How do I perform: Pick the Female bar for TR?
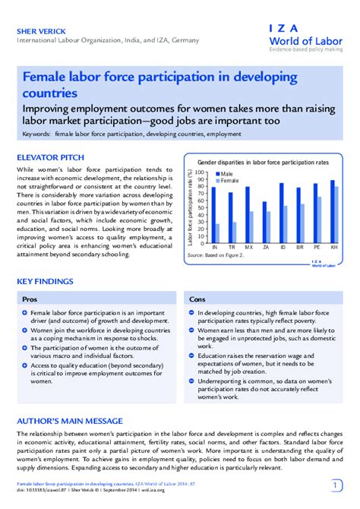[235, 232]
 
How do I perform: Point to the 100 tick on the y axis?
[201, 172]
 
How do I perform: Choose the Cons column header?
[197, 299]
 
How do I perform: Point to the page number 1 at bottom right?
[336, 485]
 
